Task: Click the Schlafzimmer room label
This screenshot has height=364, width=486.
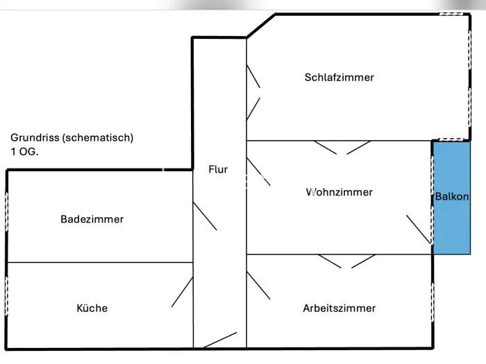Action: [339, 77]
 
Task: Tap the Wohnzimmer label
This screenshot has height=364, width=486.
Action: [339, 192]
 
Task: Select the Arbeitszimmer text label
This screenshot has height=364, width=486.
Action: [339, 308]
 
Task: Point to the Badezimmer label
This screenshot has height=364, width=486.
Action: [92, 219]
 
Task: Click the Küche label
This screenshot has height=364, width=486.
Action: [92, 308]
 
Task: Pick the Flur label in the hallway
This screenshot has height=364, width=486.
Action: [218, 168]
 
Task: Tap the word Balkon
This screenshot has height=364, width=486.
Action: [452, 197]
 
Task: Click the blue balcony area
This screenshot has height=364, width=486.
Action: [452, 229]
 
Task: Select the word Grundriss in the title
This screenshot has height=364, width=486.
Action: [35, 137]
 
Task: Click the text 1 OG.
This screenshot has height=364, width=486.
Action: [24, 150]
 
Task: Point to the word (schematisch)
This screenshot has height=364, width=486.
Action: [97, 137]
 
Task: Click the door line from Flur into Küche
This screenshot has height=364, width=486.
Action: [182, 292]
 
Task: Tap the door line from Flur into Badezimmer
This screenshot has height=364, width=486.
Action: [205, 216]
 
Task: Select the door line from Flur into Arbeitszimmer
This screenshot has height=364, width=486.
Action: [259, 285]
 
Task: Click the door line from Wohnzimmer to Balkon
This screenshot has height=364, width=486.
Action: [419, 228]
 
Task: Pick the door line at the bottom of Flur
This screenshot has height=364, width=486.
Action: [220, 340]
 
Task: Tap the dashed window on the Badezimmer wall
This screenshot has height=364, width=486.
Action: [7, 211]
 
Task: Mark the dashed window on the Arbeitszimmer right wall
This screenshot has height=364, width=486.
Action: [433, 302]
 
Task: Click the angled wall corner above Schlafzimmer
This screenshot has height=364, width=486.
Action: [260, 26]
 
